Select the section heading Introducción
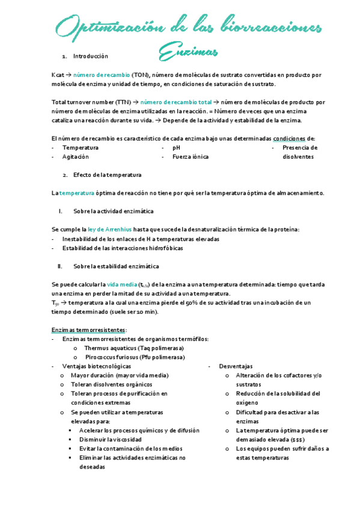click(x=90, y=56)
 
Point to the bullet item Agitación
click(x=75, y=156)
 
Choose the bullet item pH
click(x=176, y=147)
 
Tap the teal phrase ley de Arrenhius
click(x=109, y=230)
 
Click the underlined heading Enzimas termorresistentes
click(x=88, y=330)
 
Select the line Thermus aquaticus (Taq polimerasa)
click(x=133, y=348)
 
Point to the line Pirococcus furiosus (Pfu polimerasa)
click(x=134, y=357)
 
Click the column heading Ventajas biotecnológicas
click(x=96, y=366)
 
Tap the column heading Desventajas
click(x=236, y=366)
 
